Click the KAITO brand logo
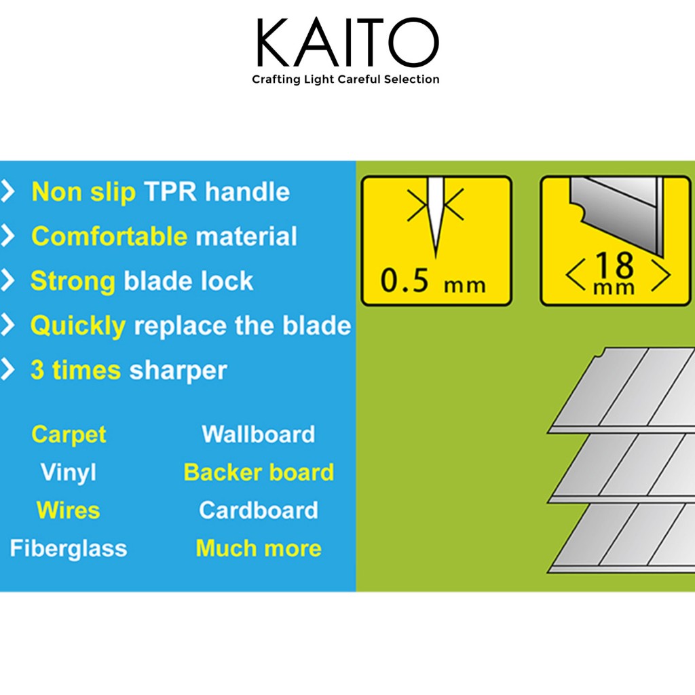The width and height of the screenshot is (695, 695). tap(347, 43)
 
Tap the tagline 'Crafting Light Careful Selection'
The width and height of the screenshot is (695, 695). tap(345, 79)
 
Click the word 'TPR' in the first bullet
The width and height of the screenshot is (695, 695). tap(170, 192)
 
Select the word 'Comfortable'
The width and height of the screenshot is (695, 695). tap(109, 236)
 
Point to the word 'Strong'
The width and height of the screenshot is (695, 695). tap(73, 281)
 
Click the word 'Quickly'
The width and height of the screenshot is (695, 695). tap(78, 326)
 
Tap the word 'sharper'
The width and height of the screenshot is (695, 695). tap(179, 371)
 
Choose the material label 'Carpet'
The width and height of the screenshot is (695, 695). tap(69, 434)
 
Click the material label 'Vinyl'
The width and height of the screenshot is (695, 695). tap(69, 472)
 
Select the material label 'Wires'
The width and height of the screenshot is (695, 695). tap(69, 510)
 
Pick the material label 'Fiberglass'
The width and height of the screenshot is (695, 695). tap(69, 548)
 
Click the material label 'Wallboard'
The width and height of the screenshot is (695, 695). tap(259, 434)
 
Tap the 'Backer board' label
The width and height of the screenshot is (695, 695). tap(259, 472)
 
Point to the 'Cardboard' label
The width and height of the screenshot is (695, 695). tap(259, 510)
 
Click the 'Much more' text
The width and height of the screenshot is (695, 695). tap(259, 548)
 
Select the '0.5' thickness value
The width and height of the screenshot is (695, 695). tap(405, 280)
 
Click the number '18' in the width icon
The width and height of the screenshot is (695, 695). tap(614, 265)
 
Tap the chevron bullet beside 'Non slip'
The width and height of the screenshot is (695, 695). tap(8, 191)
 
